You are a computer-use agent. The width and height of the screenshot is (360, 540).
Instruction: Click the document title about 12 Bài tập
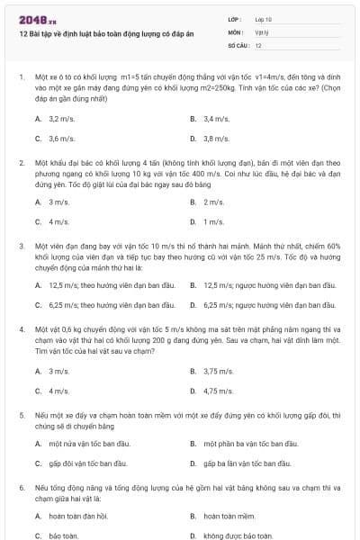pos(98,33)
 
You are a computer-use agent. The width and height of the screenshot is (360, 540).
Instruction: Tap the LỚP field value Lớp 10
pos(264,19)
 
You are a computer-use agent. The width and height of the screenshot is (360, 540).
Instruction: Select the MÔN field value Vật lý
pos(262,31)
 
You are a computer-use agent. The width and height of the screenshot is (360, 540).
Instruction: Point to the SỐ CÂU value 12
pos(258,44)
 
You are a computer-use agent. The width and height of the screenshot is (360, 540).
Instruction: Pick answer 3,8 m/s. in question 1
pos(216,139)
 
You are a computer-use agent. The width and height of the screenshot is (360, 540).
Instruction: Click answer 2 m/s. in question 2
pos(213,202)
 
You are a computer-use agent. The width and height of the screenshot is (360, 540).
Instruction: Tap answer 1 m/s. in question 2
pos(213,221)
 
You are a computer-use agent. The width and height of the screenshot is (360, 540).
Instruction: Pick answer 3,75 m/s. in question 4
pos(218,371)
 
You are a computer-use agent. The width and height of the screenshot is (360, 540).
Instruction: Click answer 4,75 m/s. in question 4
pos(218,391)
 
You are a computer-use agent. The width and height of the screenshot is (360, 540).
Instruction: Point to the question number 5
pos(22,416)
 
